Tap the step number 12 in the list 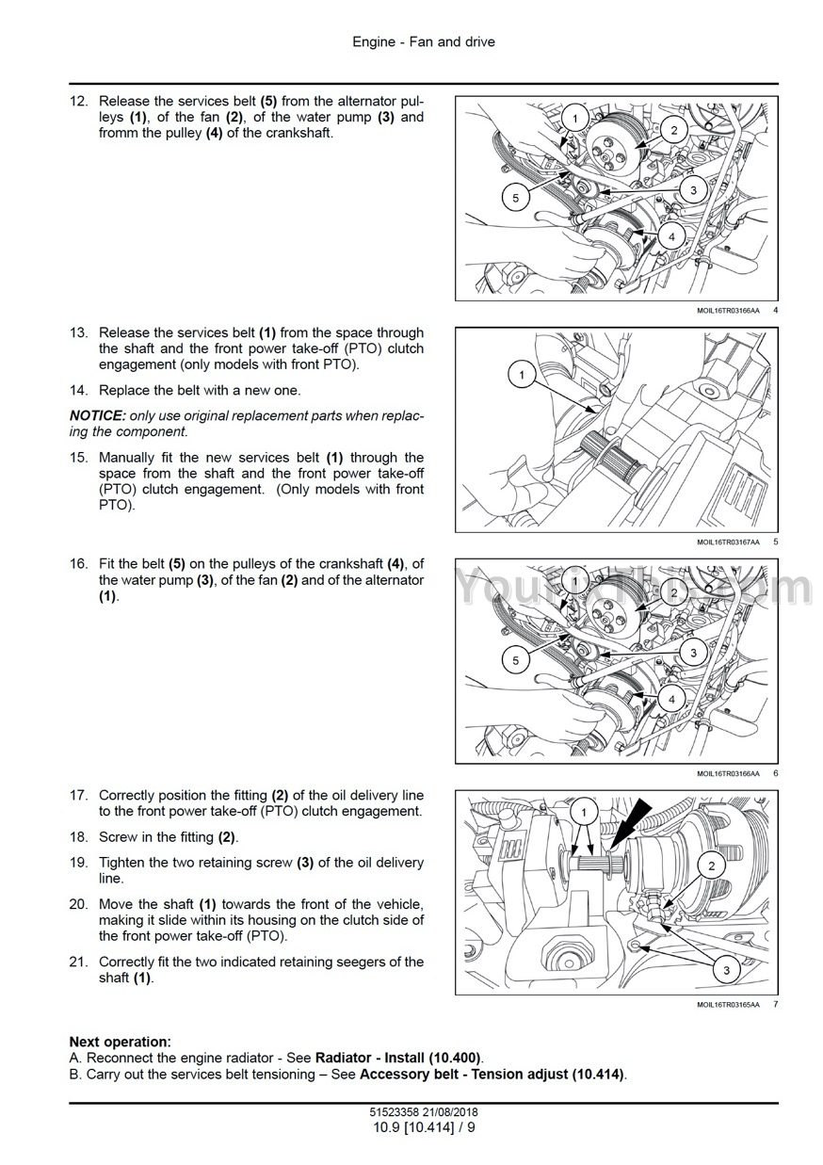coord(78,101)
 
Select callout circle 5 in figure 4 coord(515,198)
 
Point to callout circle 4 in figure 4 coord(671,237)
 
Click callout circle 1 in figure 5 coord(521,376)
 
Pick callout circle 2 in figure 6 coord(674,591)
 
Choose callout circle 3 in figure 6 coord(693,652)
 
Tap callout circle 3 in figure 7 coord(726,967)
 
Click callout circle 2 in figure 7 coord(711,866)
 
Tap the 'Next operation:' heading coord(121,1042)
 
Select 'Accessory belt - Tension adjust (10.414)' coord(492,1074)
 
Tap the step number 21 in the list coord(78,962)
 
